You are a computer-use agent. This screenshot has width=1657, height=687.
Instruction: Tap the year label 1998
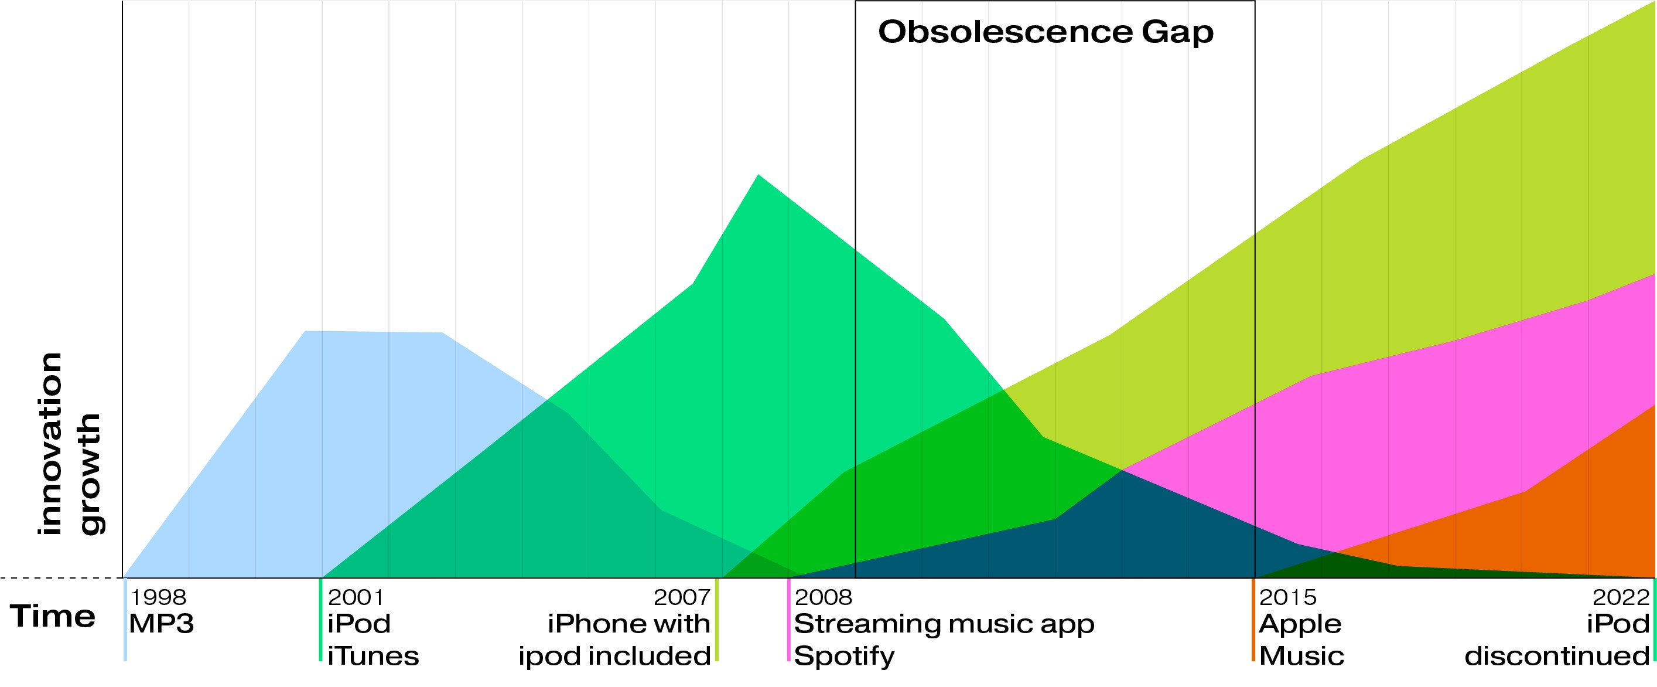click(x=158, y=597)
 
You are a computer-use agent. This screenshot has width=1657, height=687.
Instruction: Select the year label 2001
click(x=356, y=597)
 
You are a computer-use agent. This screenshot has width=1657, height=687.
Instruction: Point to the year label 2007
click(x=682, y=597)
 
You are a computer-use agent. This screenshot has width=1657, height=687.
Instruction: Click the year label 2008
click(x=824, y=597)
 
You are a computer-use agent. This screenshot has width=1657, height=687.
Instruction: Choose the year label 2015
click(x=1288, y=597)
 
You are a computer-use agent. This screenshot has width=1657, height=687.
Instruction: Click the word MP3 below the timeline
click(x=162, y=624)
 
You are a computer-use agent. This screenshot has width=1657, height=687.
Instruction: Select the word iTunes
click(x=373, y=656)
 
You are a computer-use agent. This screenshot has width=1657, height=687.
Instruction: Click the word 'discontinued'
click(x=1557, y=656)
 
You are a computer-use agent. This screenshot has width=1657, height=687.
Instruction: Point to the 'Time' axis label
click(x=53, y=616)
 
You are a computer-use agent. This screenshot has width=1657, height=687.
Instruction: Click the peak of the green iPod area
click(x=759, y=175)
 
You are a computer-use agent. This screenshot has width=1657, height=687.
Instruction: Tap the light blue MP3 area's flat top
click(x=373, y=332)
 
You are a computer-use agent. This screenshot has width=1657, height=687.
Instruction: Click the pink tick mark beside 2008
click(x=788, y=620)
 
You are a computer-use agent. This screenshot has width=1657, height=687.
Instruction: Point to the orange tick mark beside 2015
click(x=1253, y=620)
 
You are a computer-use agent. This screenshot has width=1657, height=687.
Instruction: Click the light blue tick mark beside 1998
click(x=125, y=620)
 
